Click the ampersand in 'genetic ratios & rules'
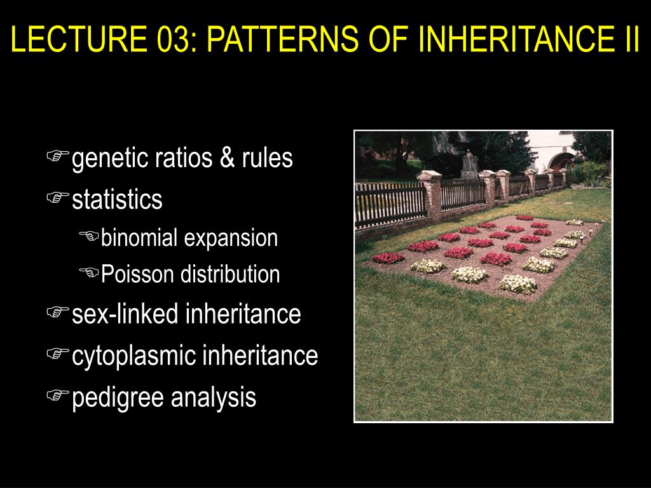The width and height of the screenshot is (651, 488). tap(227, 158)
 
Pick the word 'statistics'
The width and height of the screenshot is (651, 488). tap(117, 200)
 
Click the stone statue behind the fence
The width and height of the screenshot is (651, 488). tap(469, 163)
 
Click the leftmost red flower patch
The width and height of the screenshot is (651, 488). tap(387, 258)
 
